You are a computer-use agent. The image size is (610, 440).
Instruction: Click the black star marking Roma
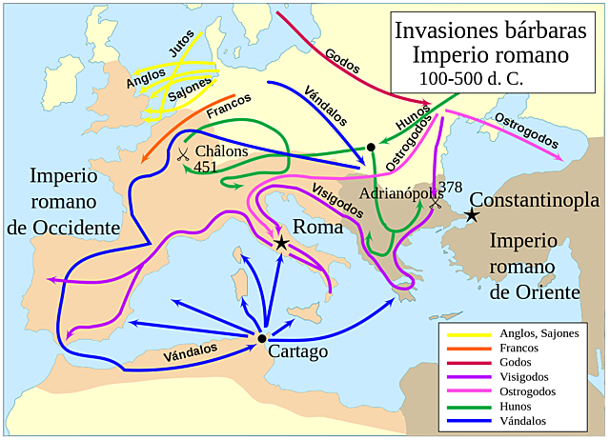point(281,244)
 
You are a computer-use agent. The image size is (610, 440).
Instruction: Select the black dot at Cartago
point(261,337)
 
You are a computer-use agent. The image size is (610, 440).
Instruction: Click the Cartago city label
point(297,351)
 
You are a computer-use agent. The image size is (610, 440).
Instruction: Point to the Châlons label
point(220,151)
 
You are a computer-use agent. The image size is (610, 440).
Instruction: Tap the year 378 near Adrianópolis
point(447,186)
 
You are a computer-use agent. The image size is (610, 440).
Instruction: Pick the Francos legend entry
point(520,349)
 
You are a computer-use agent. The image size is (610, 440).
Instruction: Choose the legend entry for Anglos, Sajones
point(539,334)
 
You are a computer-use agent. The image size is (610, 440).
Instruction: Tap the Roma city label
point(314,228)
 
